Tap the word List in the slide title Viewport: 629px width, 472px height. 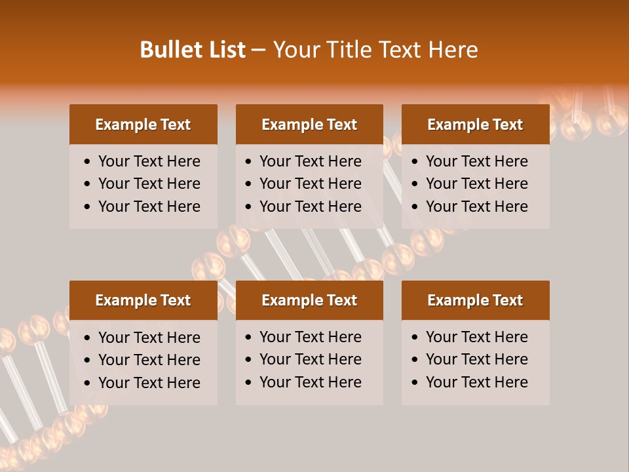225,50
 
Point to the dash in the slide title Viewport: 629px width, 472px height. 259,50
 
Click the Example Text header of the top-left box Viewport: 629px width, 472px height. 143,125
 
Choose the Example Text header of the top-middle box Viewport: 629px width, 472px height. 309,125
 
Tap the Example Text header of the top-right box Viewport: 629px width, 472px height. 475,125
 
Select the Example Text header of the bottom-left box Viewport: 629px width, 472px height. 143,300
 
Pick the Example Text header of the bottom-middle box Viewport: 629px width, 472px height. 309,300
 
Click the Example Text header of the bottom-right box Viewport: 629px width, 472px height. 475,300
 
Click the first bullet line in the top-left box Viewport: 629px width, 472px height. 149,161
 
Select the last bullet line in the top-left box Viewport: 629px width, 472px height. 149,206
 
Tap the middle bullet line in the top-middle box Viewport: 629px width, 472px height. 310,184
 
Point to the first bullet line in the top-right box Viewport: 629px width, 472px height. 476,161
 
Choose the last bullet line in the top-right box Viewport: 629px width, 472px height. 476,206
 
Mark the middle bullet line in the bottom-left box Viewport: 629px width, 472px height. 149,360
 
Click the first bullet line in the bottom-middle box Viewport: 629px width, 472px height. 310,337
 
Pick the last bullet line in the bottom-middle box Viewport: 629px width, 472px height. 310,382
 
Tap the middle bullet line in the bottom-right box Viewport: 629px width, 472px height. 476,359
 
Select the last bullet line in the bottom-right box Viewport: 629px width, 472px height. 476,382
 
